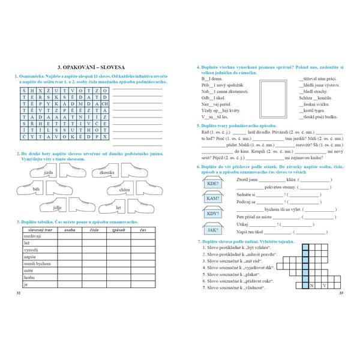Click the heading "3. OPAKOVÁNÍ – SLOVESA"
(x=90, y=67)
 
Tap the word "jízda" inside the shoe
(x=49, y=172)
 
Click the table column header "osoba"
(x=70, y=229)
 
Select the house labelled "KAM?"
(x=213, y=197)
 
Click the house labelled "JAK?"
(x=213, y=229)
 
